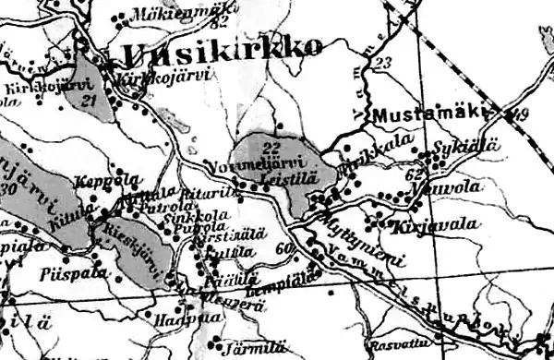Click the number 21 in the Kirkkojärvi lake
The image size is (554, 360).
pyautogui.click(x=89, y=100)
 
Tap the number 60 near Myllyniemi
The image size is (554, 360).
pyautogui.click(x=282, y=246)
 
